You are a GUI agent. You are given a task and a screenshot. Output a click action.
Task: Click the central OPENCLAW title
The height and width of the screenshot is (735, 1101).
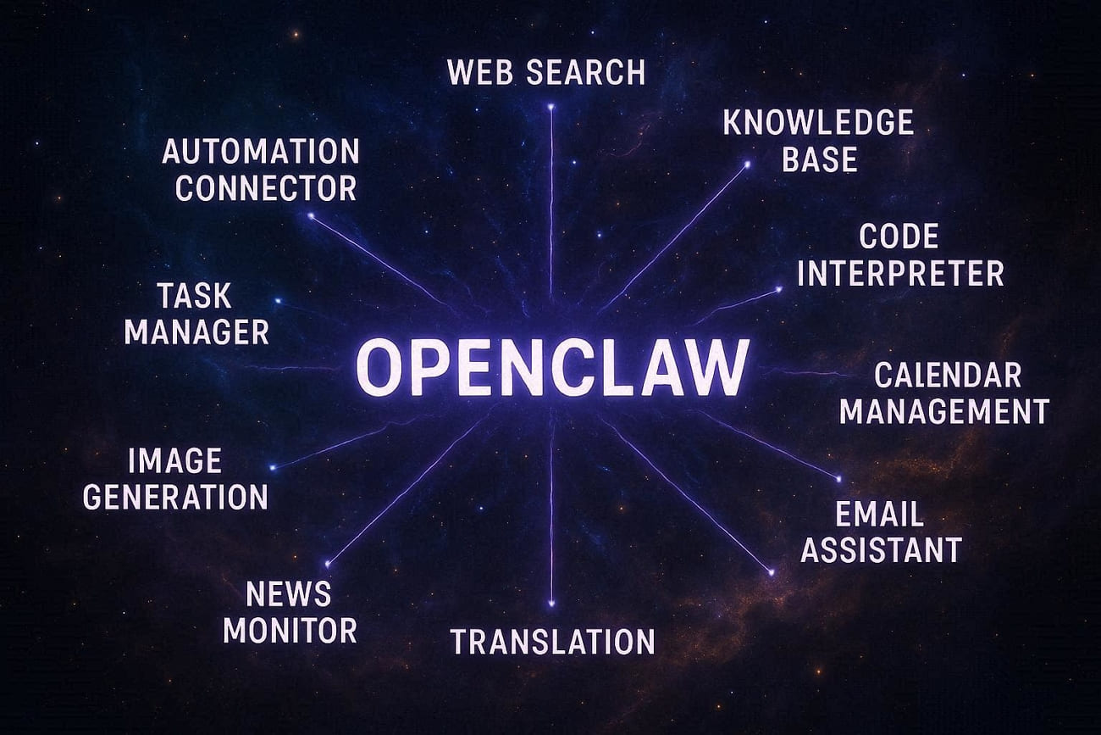(x=552, y=368)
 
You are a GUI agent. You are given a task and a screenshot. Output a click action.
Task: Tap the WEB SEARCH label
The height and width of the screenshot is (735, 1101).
(x=546, y=72)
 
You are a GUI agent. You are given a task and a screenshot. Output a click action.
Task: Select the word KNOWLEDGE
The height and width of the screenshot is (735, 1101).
(x=818, y=122)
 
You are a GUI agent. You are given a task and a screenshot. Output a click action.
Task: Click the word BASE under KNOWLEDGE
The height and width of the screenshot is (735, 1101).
(x=820, y=159)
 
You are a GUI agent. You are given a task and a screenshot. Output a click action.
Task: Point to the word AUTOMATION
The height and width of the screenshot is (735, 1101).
(x=261, y=151)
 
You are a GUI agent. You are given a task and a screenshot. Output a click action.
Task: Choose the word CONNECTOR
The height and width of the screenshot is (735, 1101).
(x=266, y=188)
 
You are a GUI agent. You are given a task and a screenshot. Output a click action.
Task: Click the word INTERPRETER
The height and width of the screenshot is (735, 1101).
(x=900, y=274)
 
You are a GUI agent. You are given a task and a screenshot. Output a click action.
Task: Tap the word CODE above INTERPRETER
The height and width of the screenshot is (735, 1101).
(x=899, y=237)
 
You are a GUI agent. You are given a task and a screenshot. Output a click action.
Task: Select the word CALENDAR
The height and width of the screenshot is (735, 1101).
(x=949, y=376)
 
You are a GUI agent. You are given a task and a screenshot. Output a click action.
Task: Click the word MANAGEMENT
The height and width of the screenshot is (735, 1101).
(x=944, y=412)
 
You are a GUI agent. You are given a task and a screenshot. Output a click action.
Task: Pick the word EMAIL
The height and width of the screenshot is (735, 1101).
(x=880, y=515)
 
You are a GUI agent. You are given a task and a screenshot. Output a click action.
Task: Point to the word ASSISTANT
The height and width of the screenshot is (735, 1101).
(x=882, y=550)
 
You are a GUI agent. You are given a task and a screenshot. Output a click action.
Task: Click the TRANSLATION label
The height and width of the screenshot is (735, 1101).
(x=553, y=642)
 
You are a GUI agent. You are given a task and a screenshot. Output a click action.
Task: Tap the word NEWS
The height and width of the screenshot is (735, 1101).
(x=289, y=594)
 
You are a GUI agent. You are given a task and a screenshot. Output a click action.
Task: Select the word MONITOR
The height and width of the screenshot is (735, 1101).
(x=290, y=630)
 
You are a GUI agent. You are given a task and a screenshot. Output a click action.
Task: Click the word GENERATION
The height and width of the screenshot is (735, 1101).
(x=175, y=498)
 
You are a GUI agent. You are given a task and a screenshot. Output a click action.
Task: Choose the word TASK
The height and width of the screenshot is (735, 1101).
(x=195, y=296)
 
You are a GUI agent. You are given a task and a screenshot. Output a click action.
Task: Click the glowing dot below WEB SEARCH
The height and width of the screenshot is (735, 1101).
(x=551, y=106)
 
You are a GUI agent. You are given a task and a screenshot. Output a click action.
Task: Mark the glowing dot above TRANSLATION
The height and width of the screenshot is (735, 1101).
(x=551, y=603)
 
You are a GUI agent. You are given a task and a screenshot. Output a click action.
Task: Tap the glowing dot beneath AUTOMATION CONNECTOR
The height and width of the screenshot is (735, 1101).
(x=311, y=215)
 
